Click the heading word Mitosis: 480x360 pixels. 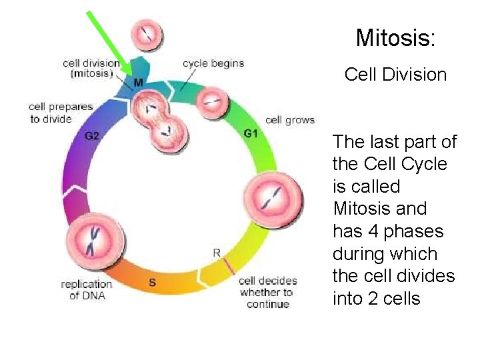(395, 38)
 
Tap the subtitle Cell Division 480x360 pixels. (395, 74)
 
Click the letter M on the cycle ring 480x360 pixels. (139, 83)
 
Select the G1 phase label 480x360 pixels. (251, 133)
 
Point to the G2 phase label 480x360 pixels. (92, 136)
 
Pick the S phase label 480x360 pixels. (152, 282)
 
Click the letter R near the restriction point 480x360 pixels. (217, 253)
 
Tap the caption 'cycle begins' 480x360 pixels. (213, 64)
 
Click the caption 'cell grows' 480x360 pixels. (290, 120)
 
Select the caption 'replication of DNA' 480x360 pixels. (87, 289)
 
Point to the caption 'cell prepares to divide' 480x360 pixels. (61, 113)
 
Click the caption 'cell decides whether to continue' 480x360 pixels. (268, 292)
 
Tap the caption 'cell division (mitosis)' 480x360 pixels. (91, 69)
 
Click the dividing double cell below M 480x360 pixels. (159, 120)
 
